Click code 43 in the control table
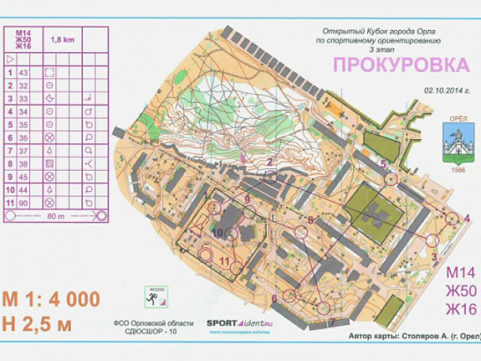pos(23,72)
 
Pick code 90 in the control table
pos(23,203)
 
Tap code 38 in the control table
pos(23,164)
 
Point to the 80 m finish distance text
pos(55,216)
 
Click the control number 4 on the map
pos(467,217)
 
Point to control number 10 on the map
pos(217,231)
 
